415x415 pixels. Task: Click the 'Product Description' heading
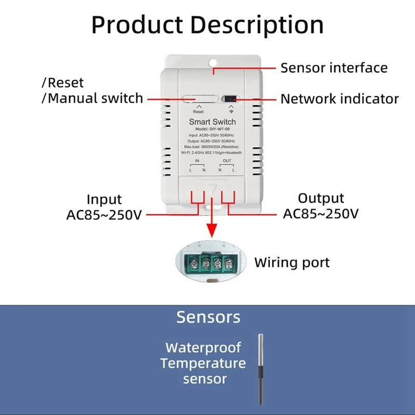[208, 24]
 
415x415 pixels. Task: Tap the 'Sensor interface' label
[334, 68]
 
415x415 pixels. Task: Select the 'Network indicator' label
[339, 99]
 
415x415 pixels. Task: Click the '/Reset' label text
[62, 82]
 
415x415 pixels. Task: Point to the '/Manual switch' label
[92, 98]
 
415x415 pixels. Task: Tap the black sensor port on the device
[229, 99]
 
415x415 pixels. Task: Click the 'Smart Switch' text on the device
[212, 122]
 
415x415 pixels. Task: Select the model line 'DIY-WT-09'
[212, 129]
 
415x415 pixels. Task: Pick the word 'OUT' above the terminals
[227, 161]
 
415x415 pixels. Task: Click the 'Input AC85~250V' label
[104, 206]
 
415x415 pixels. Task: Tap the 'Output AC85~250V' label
[321, 206]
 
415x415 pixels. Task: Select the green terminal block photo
[212, 261]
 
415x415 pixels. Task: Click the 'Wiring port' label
[292, 262]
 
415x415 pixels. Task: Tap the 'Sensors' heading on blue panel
[208, 317]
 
